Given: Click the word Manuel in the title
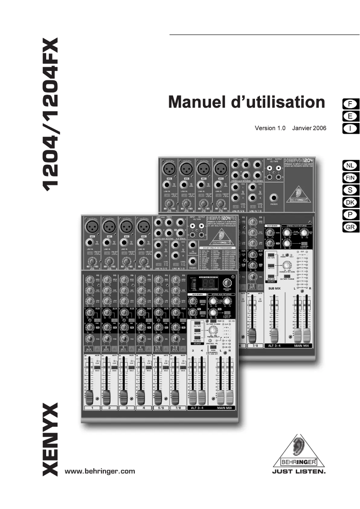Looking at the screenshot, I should (196, 102).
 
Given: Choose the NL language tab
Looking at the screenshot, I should (350, 166).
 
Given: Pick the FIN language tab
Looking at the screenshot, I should (350, 178).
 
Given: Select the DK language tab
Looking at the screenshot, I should (350, 202).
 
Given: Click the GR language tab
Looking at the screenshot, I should (350, 227).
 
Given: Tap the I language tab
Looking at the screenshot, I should (350, 128).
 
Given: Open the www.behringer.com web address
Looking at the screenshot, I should (100, 471).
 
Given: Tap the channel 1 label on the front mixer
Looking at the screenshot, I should (92, 408).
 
